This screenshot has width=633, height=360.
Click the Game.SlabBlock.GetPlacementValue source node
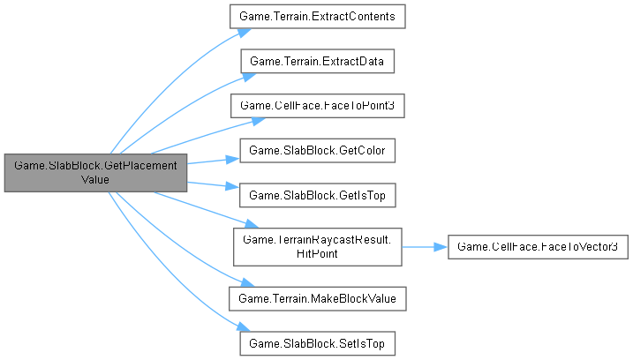pyautogui.click(x=95, y=172)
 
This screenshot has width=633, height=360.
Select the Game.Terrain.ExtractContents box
pyautogui.click(x=318, y=18)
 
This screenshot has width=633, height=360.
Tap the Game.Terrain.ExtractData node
pyautogui.click(x=318, y=62)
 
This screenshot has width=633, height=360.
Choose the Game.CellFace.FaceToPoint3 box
pyautogui.click(x=318, y=105)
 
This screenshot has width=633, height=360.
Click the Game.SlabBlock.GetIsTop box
pyautogui.click(x=318, y=192)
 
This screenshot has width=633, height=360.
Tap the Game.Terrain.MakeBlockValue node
pyautogui.click(x=318, y=298)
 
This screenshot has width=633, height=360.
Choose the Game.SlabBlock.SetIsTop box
pyautogui.click(x=318, y=341)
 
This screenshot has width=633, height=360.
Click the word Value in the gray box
pyautogui.click(x=95, y=179)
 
